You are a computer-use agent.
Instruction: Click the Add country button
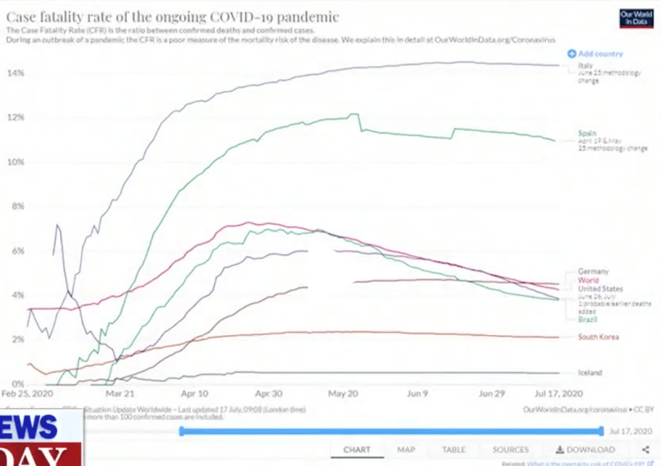pyautogui.click(x=595, y=54)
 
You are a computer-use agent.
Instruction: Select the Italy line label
pyautogui.click(x=585, y=66)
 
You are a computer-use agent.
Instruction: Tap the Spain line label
pyautogui.click(x=587, y=134)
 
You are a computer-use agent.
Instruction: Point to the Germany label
pyautogui.click(x=593, y=272)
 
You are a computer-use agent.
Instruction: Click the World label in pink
pyautogui.click(x=588, y=281)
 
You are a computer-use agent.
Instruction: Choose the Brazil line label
pyautogui.click(x=587, y=319)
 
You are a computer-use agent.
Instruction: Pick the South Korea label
pyautogui.click(x=598, y=337)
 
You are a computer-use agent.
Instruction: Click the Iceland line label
pyautogui.click(x=590, y=372)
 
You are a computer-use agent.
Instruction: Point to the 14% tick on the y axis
pyautogui.click(x=15, y=74)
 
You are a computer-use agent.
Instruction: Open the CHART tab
pyautogui.click(x=357, y=450)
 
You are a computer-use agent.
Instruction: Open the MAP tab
pyautogui.click(x=406, y=450)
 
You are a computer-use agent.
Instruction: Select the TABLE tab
pyautogui.click(x=454, y=450)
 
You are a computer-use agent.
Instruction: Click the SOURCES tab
pyautogui.click(x=511, y=450)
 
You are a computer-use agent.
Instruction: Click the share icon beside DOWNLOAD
pyautogui.click(x=646, y=450)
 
